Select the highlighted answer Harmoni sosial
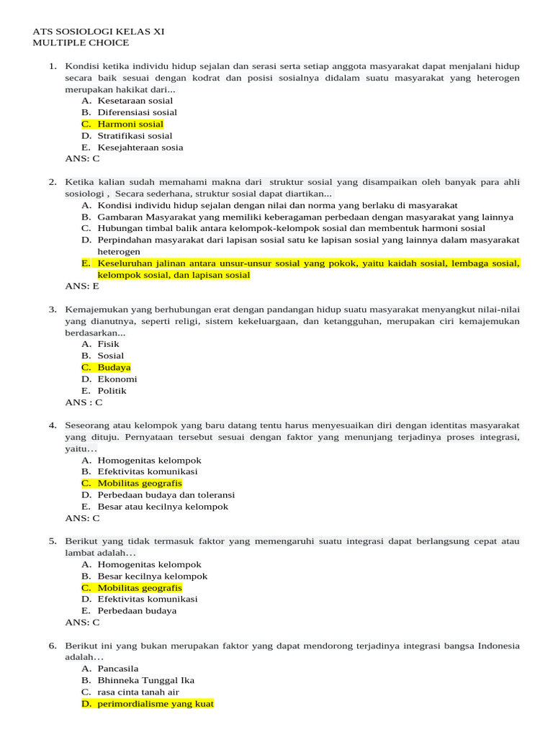pyautogui.click(x=130, y=124)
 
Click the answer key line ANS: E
pyautogui.click(x=82, y=286)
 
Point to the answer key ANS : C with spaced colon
pyautogui.click(x=84, y=402)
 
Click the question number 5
pyautogui.click(x=53, y=541)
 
